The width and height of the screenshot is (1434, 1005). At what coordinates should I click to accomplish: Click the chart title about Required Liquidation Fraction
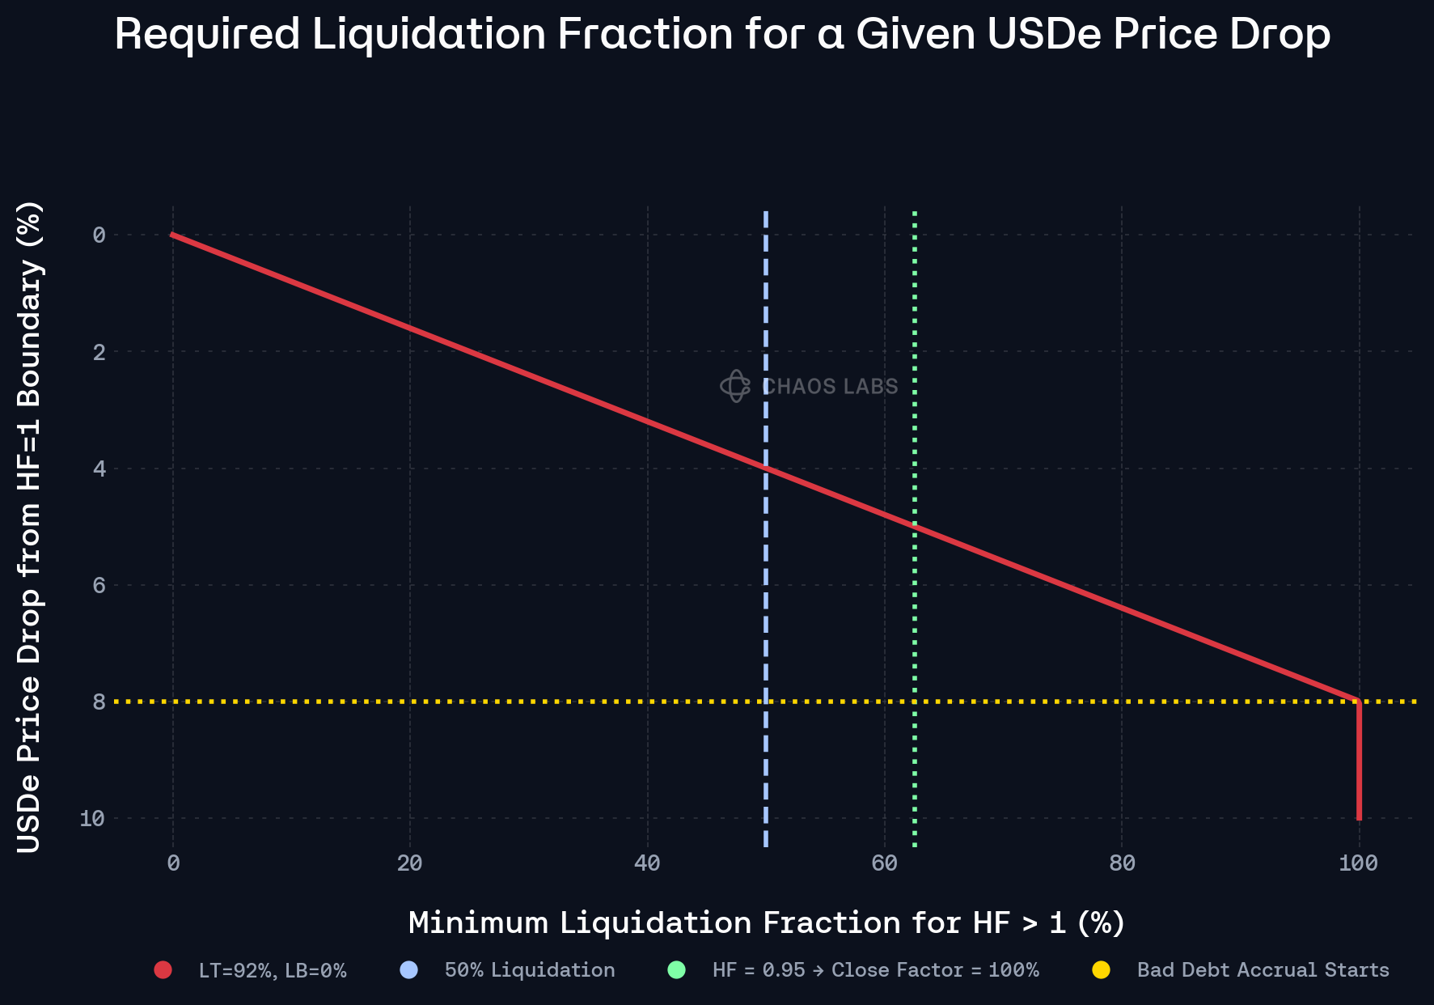pyautogui.click(x=722, y=35)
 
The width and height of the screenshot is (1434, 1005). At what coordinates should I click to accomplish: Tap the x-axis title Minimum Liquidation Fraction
pyautogui.click(x=766, y=923)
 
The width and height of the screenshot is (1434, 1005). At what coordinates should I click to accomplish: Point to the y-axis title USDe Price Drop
pyautogui.click(x=29, y=527)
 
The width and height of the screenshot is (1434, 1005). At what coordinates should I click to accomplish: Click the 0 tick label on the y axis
pyautogui.click(x=99, y=235)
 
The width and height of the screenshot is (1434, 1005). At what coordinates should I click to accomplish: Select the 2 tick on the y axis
pyautogui.click(x=99, y=352)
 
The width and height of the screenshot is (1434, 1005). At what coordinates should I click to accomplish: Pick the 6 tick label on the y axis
pyautogui.click(x=99, y=585)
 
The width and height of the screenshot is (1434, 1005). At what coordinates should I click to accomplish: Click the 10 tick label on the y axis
pyautogui.click(x=93, y=819)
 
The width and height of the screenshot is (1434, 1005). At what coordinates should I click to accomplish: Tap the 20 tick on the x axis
pyautogui.click(x=410, y=864)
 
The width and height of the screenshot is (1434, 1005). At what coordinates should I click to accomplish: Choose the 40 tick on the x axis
pyautogui.click(x=647, y=864)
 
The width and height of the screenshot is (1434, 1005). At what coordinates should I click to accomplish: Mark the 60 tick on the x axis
pyautogui.click(x=885, y=864)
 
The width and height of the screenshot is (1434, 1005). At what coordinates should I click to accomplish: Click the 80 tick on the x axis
pyautogui.click(x=1122, y=864)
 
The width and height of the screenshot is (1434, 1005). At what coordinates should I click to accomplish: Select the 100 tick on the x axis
pyautogui.click(x=1359, y=864)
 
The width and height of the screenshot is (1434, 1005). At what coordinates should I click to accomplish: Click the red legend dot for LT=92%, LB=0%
pyautogui.click(x=163, y=970)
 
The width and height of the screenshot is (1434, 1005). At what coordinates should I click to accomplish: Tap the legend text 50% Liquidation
pyautogui.click(x=530, y=970)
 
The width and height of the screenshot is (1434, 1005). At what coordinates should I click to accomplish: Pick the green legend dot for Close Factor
pyautogui.click(x=677, y=970)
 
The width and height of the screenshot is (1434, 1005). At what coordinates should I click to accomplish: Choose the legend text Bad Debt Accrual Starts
pyautogui.click(x=1263, y=970)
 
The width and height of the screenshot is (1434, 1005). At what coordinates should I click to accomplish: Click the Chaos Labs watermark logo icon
pyautogui.click(x=735, y=386)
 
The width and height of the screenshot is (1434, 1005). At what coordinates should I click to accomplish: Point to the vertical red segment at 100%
pyautogui.click(x=1359, y=761)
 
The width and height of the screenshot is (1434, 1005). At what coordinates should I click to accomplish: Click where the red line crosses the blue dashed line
pyautogui.click(x=766, y=468)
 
